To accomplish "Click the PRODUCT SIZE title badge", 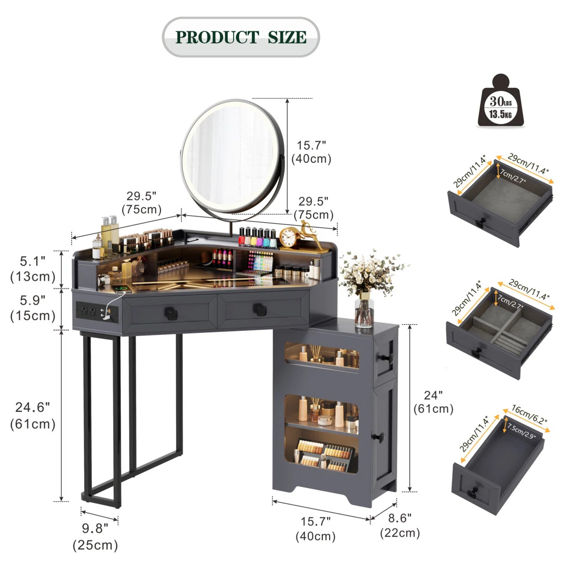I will coord(241,37).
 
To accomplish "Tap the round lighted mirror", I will coord(233,158).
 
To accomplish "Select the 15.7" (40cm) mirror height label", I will coord(311,152).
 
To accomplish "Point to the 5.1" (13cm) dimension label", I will coord(33,269).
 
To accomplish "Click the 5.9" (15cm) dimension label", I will coord(33,308).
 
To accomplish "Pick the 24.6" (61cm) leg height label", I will coord(33,415).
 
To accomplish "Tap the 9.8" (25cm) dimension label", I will coord(95,537).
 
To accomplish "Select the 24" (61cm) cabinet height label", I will coord(433,402).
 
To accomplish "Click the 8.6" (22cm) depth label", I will coord(400,525).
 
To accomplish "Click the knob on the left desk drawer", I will coord(169,311).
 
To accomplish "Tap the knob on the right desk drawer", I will coord(260,308).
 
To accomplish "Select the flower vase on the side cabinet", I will coord(364,311).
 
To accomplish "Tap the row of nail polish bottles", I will coord(257,237).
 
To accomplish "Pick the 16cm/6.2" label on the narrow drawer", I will coord(529,415).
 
